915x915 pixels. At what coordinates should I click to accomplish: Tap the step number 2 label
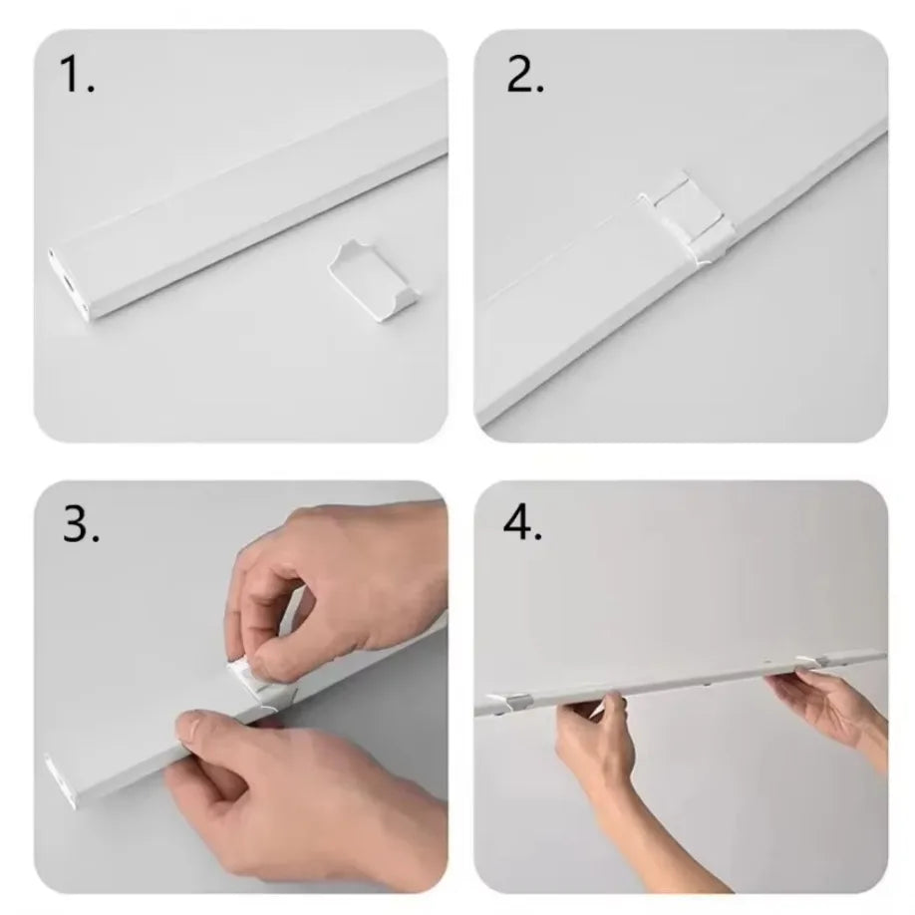point(525,76)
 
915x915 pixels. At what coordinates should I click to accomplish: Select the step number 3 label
point(81,526)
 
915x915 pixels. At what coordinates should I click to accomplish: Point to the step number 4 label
point(523,524)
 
